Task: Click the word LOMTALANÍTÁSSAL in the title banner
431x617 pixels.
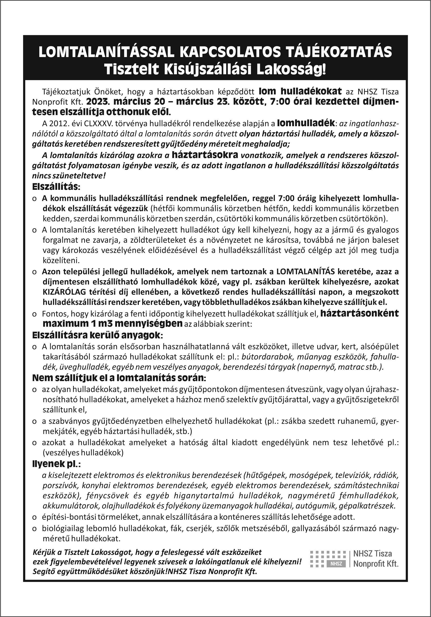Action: click(106, 52)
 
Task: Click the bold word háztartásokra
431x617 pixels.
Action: click(205, 155)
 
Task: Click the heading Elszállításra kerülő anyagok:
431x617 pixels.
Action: click(98, 335)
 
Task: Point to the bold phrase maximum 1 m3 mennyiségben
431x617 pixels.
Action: click(113, 324)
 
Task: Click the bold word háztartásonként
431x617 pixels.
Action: click(359, 313)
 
